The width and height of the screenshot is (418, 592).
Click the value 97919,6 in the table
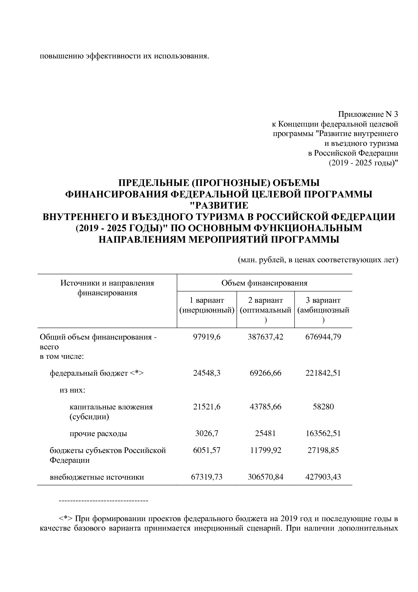point(207,337)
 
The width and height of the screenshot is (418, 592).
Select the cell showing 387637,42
point(266,337)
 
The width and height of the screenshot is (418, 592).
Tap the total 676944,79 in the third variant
point(323,337)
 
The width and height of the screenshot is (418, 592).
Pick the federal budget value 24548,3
point(207,373)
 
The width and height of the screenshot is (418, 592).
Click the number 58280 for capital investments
point(323,407)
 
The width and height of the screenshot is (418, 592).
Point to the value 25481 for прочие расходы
point(266,433)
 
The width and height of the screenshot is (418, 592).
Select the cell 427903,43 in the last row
point(323,477)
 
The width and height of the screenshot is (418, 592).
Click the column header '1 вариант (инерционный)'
point(207,305)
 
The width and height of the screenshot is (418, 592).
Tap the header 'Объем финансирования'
point(264,283)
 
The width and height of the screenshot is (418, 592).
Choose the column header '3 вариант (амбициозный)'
point(323,305)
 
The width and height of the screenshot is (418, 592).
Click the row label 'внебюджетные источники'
point(97,477)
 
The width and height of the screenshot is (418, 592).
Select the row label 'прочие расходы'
point(98,433)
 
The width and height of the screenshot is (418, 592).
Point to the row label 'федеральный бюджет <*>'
point(97,373)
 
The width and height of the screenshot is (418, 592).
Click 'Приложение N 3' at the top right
point(368,114)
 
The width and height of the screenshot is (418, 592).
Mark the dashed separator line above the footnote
point(103,500)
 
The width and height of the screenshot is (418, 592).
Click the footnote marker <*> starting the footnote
point(65,518)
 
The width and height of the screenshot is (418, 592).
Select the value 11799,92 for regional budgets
point(266,450)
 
